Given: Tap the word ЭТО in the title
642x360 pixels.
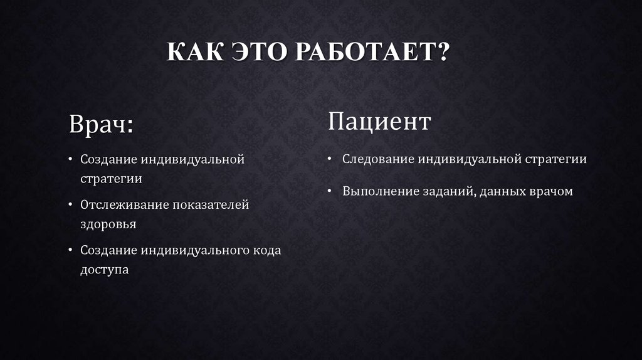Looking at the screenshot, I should tap(253, 52).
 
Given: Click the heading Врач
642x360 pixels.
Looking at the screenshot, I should tap(100, 123).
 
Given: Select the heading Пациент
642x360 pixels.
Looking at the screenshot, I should tap(379, 121).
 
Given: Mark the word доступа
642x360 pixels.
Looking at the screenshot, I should tap(104, 269).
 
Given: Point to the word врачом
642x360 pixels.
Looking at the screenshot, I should tap(550, 191).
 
